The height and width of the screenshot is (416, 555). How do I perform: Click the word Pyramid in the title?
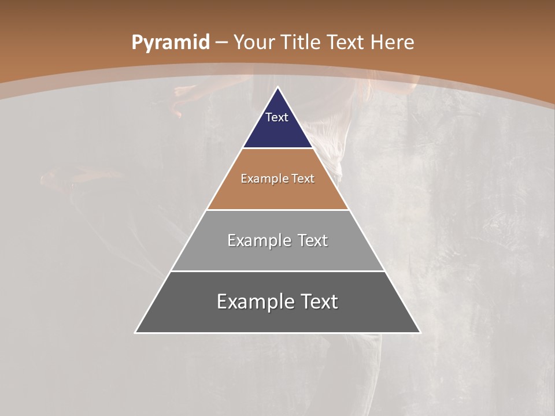coord(170,42)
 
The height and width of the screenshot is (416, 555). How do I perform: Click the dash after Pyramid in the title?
coord(221,43)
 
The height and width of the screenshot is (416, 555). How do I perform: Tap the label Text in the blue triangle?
coord(277,117)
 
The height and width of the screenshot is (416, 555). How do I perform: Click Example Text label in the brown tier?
coord(277,179)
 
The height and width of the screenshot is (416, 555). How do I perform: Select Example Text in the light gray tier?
coord(277,240)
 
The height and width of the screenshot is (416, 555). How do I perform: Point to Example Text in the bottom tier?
coord(277,302)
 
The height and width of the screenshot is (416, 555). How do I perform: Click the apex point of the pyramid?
coord(277,88)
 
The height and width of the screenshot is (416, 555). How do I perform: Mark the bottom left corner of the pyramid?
coord(136,332)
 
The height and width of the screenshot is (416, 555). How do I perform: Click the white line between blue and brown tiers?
coord(277,148)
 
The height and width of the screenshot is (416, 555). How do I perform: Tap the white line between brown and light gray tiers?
coord(277,210)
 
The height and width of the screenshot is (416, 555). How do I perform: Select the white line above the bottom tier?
coord(277,271)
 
